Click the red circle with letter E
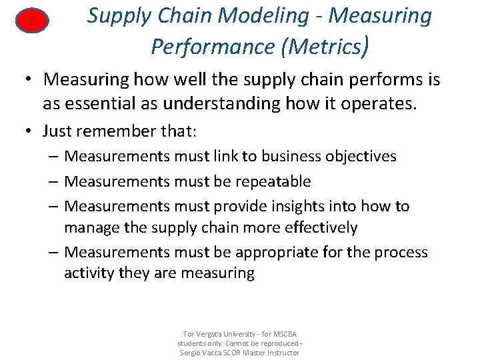pyautogui.click(x=31, y=23)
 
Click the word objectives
pyautogui.click(x=361, y=157)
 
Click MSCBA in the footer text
pyautogui.click(x=287, y=333)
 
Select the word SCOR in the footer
pyautogui.click(x=231, y=352)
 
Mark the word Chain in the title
pyautogui.click(x=193, y=16)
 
